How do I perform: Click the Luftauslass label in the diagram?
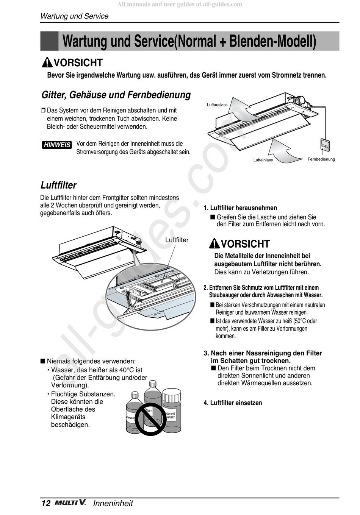pos(217,105)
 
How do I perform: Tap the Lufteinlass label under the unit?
pos(263,160)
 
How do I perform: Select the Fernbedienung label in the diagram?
pos(321,159)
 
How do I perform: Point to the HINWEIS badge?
pos(57,145)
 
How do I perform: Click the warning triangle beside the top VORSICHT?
pos(47,62)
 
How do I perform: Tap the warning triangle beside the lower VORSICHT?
pos(214,243)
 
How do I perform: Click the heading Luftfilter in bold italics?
pos(58,185)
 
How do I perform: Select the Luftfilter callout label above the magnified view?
pos(177,240)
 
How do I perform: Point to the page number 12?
pos(45,503)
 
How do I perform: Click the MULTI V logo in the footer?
pos(70,503)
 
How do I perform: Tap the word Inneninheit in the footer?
pos(113,503)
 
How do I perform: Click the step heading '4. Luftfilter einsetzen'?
pos(233,403)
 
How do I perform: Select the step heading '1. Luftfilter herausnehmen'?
pos(240,208)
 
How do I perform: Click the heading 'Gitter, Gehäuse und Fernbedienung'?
pos(116,95)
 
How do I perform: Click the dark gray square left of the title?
pos(49,41)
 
